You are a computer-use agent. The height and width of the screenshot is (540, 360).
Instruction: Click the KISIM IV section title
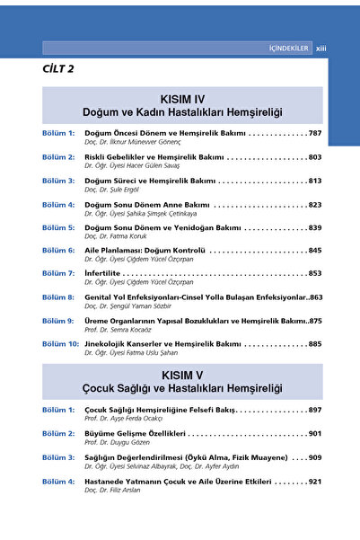(x=182, y=97)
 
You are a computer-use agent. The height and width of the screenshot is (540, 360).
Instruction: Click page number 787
(x=314, y=133)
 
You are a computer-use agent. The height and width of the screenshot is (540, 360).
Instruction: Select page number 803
(x=314, y=156)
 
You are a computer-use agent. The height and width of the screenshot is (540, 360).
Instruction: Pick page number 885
(x=314, y=343)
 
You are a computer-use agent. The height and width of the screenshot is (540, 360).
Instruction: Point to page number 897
(x=314, y=410)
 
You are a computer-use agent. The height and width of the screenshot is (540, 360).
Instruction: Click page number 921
(x=314, y=481)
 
